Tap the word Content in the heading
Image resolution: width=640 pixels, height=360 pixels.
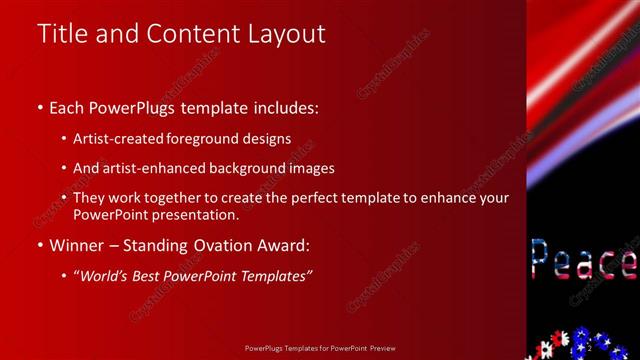tap(189, 33)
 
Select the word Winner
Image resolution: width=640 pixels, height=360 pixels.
tap(76, 245)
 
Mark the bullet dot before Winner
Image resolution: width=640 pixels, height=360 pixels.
tap(40, 245)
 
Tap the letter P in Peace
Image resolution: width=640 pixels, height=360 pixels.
tap(540, 261)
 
